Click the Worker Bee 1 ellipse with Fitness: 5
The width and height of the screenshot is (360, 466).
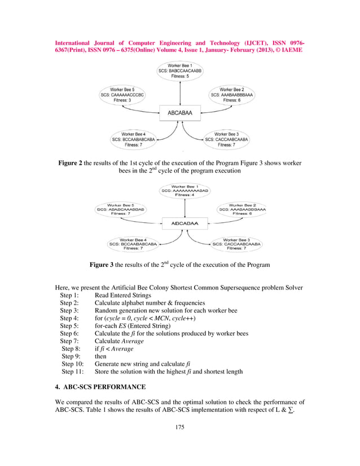coord(179,72)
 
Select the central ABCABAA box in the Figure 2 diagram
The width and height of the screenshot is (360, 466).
coord(179,113)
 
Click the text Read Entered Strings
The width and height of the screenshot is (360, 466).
coord(122,295)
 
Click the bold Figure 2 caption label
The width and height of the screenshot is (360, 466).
coord(71,163)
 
